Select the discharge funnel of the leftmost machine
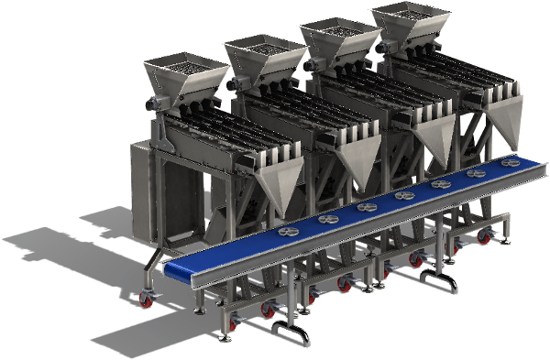pos(274,193)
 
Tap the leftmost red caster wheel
pos(147,299)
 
